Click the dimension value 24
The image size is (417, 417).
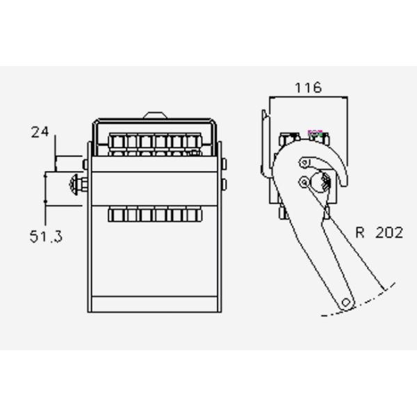click(x=40, y=131)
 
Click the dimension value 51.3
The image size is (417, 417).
click(x=46, y=236)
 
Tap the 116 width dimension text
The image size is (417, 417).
click(x=307, y=88)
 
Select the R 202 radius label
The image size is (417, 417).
click(x=379, y=233)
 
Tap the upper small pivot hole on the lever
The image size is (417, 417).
click(x=303, y=163)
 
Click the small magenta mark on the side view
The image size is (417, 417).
click(x=316, y=130)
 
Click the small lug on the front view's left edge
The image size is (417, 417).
click(x=85, y=164)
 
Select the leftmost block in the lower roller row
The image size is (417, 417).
click(x=115, y=215)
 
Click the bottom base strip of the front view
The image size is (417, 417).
click(x=156, y=304)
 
